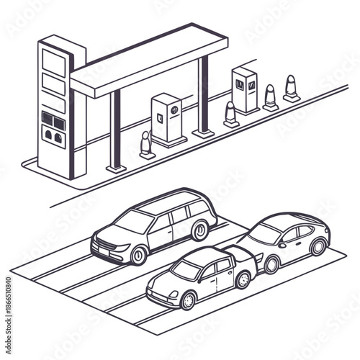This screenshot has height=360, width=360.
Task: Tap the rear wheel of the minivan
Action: (200, 231)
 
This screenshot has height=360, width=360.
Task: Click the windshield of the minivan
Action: (135, 222)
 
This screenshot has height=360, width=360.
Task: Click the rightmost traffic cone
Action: (291, 88)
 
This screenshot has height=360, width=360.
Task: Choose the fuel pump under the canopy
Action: (168, 119)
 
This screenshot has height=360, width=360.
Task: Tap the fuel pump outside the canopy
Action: (246, 90)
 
